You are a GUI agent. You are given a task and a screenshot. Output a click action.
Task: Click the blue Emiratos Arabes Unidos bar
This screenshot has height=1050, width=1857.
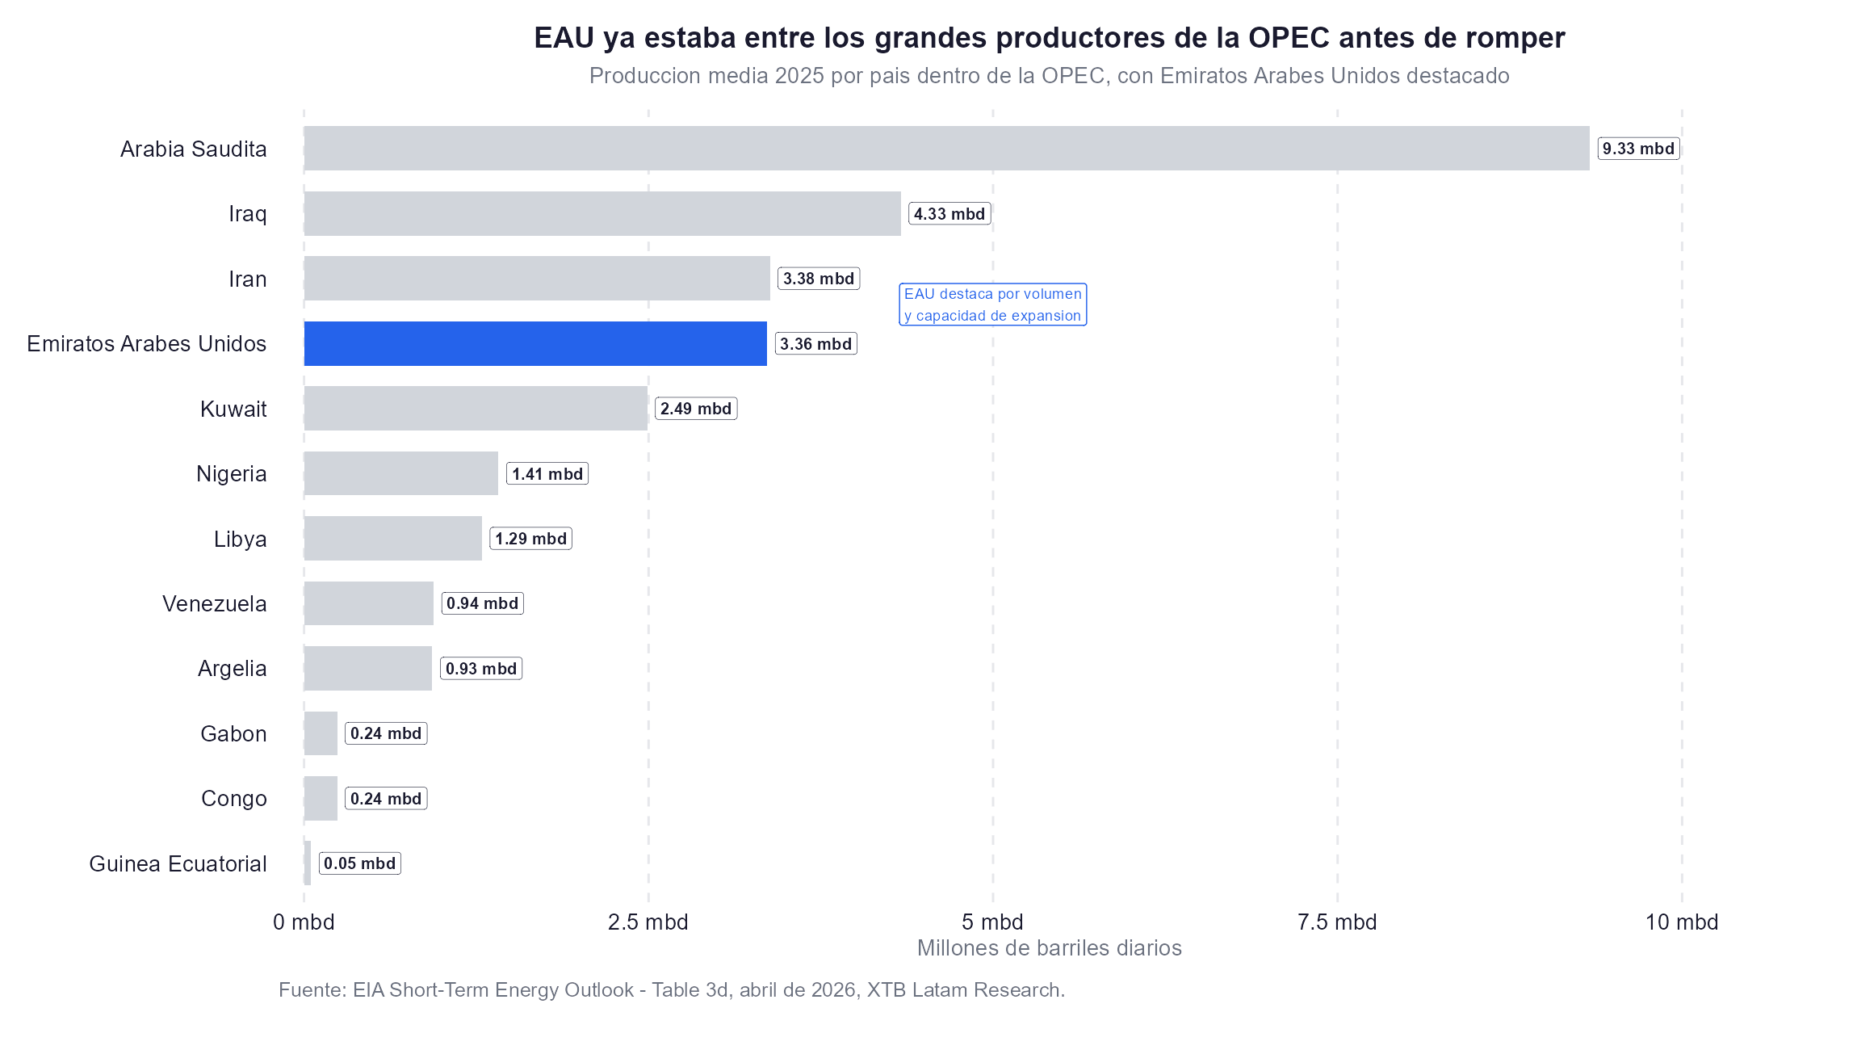pyautogui.click(x=535, y=344)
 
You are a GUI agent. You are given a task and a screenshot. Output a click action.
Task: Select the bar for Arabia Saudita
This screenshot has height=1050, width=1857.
pyautogui.click(x=946, y=149)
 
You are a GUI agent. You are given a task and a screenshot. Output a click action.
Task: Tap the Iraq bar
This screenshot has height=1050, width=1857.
pyautogui.click(x=602, y=214)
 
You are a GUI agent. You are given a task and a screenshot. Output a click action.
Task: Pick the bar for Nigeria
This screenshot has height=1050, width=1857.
pyautogui.click(x=401, y=474)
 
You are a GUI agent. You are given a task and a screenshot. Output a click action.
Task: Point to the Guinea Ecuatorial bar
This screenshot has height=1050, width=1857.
pyautogui.click(x=308, y=863)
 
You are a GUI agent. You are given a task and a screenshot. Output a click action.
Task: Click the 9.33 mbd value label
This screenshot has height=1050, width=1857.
pyautogui.click(x=1638, y=149)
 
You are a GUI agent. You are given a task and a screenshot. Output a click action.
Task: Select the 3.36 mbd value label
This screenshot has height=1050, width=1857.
pyautogui.click(x=815, y=344)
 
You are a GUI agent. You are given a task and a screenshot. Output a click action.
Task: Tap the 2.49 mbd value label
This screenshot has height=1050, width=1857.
pyautogui.click(x=696, y=409)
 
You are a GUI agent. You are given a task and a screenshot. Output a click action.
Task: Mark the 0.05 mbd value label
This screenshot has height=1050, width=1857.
pyautogui.click(x=360, y=864)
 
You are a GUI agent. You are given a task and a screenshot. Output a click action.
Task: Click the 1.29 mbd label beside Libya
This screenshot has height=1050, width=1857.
pyautogui.click(x=530, y=540)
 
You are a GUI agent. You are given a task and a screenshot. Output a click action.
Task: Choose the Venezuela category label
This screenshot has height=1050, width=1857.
pyautogui.click(x=214, y=604)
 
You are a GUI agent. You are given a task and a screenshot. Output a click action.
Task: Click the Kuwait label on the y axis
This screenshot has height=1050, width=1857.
pyautogui.click(x=233, y=409)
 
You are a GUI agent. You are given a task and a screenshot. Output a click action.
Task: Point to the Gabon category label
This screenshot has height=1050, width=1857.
pyautogui.click(x=233, y=734)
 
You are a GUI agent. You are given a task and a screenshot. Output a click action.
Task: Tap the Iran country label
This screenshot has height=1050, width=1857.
pyautogui.click(x=247, y=279)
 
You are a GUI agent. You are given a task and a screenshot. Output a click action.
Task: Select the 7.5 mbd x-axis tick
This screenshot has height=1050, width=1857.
pyautogui.click(x=1336, y=922)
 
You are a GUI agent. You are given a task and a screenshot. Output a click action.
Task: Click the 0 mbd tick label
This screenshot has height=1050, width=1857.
pyautogui.click(x=304, y=922)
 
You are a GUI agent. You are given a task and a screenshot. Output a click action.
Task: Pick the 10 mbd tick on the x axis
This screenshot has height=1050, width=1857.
pyautogui.click(x=1681, y=922)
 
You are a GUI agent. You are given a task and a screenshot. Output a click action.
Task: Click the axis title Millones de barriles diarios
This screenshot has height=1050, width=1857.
pyautogui.click(x=1049, y=948)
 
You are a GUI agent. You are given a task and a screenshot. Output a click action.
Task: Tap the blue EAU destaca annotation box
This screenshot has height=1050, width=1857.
pyautogui.click(x=992, y=304)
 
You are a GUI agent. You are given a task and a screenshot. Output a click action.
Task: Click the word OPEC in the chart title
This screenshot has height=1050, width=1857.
pyautogui.click(x=1289, y=38)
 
